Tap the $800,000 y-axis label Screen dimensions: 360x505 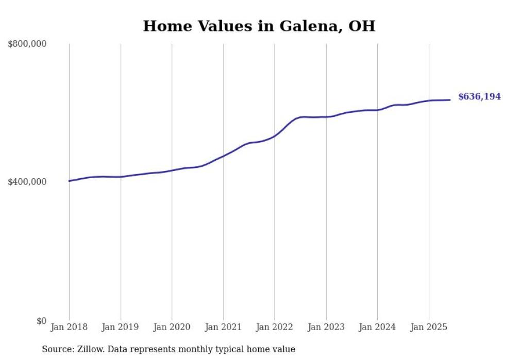coord(27,44)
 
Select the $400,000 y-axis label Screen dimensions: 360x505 coord(27,182)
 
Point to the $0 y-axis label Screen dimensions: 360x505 coord(41,321)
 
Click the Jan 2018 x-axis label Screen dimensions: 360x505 coord(69,327)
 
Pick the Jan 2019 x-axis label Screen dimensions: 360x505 coord(121,327)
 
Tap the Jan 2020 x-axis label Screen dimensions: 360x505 coord(172,327)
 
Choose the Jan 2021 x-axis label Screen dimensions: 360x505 coord(223,327)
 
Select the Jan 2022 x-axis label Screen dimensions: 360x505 coord(275,327)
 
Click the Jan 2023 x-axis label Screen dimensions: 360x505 coord(326,327)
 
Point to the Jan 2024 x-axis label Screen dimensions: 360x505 coord(377,327)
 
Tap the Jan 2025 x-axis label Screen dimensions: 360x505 coord(428,327)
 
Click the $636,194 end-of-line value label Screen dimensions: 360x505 coord(479,96)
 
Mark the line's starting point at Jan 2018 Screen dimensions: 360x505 coord(69,181)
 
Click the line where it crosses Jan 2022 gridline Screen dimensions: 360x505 coord(275,135)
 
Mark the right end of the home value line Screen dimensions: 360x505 coord(450,100)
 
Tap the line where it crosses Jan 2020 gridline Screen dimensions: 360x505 coord(172,170)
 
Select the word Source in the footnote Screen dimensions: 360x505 coord(57,350)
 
